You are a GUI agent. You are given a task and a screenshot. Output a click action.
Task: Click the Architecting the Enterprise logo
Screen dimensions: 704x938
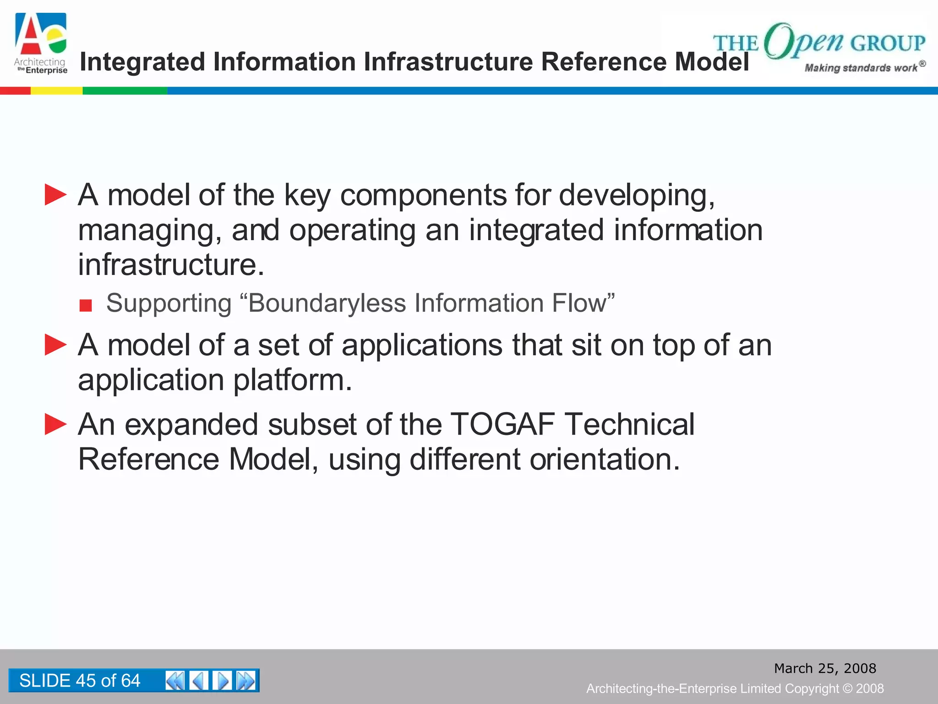pyautogui.click(x=41, y=44)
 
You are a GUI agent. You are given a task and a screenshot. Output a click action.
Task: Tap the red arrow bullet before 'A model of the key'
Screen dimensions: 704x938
pyautogui.click(x=55, y=195)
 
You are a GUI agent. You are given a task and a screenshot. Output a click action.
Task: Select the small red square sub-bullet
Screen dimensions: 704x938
pyautogui.click(x=86, y=305)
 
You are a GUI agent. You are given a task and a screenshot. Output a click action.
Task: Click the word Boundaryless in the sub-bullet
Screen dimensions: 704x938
pyautogui.click(x=327, y=303)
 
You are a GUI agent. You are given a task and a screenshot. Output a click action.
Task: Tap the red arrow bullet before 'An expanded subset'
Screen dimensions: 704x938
pyautogui.click(x=55, y=424)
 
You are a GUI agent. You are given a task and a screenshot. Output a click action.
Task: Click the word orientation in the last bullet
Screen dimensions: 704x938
pyautogui.click(x=605, y=459)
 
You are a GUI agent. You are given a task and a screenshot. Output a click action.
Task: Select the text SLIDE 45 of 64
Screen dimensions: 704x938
pyautogui.click(x=80, y=681)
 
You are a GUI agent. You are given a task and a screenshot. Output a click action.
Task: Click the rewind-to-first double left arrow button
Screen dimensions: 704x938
pyautogui.click(x=175, y=681)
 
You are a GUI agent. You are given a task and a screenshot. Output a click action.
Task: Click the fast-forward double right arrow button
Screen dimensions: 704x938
pyautogui.click(x=246, y=681)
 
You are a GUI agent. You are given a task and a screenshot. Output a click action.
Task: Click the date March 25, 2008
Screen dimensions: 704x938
pyautogui.click(x=825, y=668)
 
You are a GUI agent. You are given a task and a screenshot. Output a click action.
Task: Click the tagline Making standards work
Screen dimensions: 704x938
pyautogui.click(x=861, y=68)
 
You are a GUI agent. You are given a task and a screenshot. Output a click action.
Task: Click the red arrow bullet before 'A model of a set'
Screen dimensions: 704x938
pyautogui.click(x=55, y=345)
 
